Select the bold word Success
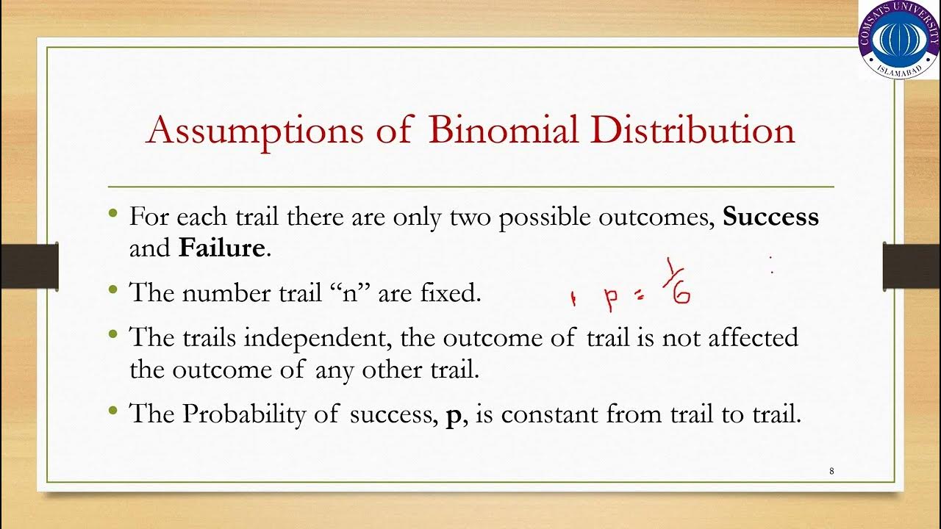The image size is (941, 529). coord(771,217)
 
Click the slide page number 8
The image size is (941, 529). coord(831,471)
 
